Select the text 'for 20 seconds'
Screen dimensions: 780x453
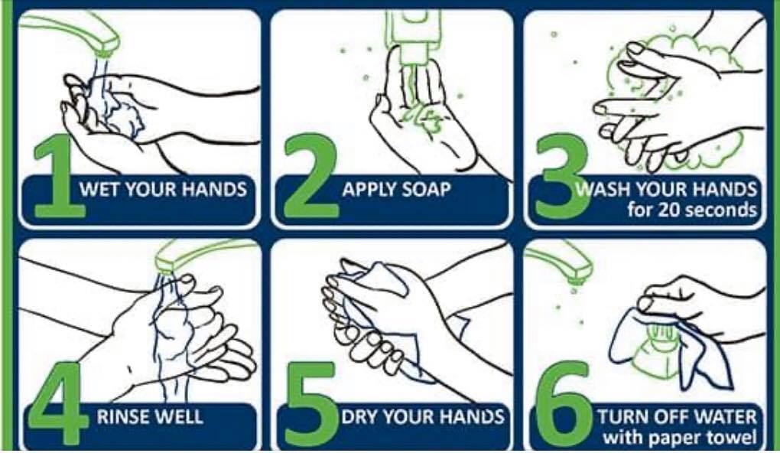[692, 210]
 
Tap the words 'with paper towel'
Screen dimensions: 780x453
[680, 438]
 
